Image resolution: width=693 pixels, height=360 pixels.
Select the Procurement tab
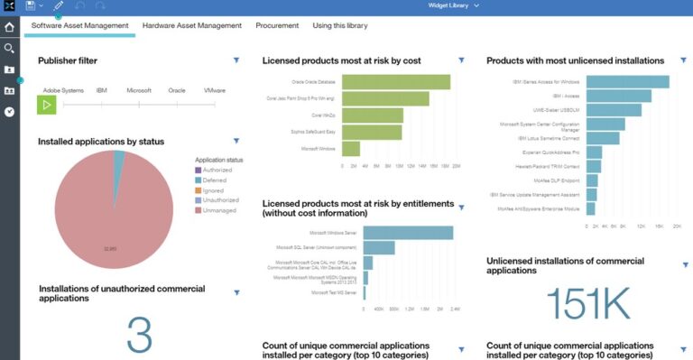277,26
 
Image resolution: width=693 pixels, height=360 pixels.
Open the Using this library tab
340,26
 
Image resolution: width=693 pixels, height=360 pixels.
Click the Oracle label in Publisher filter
176,91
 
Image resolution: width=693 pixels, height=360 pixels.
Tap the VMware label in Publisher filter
215,91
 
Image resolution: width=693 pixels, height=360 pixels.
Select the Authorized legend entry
217,170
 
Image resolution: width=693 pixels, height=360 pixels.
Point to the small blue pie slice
119,158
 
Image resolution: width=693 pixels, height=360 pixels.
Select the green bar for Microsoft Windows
351,149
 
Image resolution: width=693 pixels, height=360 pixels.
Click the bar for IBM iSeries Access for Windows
627,82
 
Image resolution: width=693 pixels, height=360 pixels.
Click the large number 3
138,334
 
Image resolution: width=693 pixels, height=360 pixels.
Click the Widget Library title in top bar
453,5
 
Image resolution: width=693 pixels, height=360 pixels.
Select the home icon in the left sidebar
9,27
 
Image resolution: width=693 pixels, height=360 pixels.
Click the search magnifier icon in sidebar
9,48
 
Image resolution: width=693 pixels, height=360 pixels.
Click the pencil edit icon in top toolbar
59,6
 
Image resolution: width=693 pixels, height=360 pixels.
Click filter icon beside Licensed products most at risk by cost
461,60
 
